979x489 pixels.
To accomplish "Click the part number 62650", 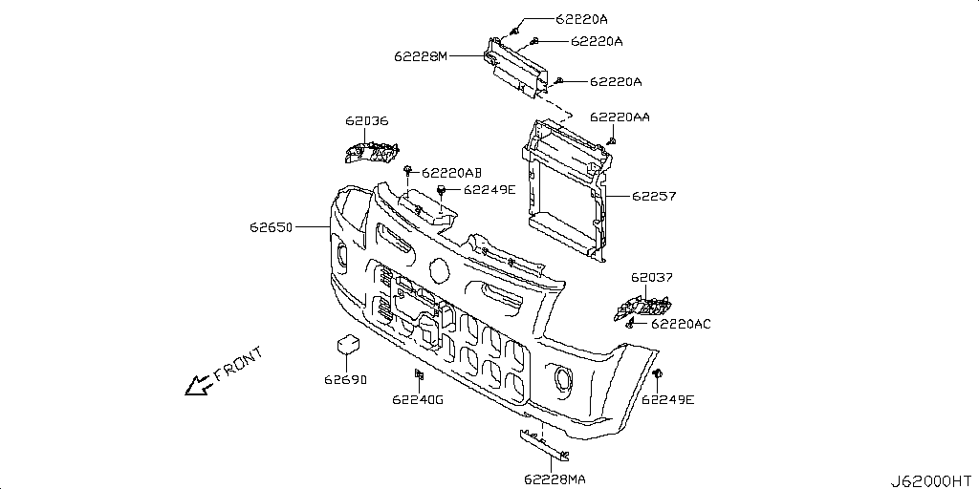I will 272,228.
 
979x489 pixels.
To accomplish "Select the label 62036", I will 367,122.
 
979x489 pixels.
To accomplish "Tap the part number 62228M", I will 421,56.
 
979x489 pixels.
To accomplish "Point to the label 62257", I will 654,197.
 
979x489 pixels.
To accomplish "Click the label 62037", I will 652,278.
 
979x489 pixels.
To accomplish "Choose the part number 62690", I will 345,379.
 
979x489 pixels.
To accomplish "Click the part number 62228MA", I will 555,478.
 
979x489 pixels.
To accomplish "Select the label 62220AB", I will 451,173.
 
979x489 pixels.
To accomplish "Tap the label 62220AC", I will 681,324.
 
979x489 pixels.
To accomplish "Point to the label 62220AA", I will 620,117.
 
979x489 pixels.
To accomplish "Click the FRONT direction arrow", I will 200,384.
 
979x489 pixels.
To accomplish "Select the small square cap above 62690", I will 346,346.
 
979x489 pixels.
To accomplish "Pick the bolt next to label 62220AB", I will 408,170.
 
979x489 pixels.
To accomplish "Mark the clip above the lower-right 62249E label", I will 658,372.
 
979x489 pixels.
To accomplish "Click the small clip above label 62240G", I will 418,373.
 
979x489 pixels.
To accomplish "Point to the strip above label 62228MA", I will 542,442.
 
